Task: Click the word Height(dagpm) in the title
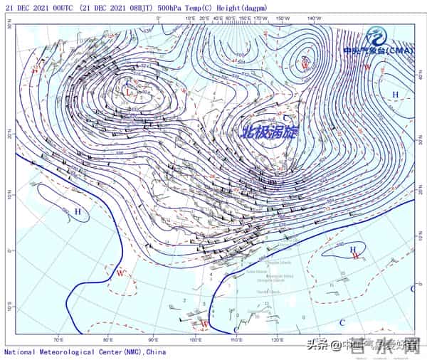[x=239, y=6]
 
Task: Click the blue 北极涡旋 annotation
[x=270, y=132]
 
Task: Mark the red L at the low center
[x=128, y=92]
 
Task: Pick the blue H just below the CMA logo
[x=396, y=95]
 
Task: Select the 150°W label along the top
[x=283, y=18]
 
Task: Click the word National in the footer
[x=20, y=351]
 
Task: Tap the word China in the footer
[x=155, y=351]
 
